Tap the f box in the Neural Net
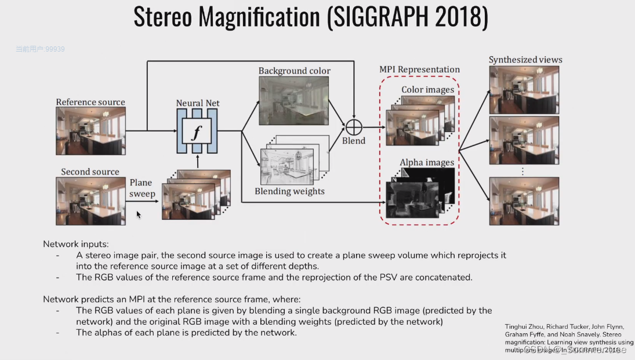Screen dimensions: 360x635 click(197, 132)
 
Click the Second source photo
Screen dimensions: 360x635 click(90, 201)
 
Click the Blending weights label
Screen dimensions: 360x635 click(289, 191)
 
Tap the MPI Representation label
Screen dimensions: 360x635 click(419, 70)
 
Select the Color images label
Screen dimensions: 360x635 click(427, 89)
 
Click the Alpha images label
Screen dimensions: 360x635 click(427, 162)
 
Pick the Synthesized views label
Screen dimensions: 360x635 click(525, 60)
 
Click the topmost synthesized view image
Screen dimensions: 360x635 click(524, 89)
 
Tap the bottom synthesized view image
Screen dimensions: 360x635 click(524, 201)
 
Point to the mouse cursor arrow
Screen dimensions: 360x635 click(138, 214)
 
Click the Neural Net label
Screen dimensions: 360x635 click(198, 103)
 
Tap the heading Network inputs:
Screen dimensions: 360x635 click(75, 244)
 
